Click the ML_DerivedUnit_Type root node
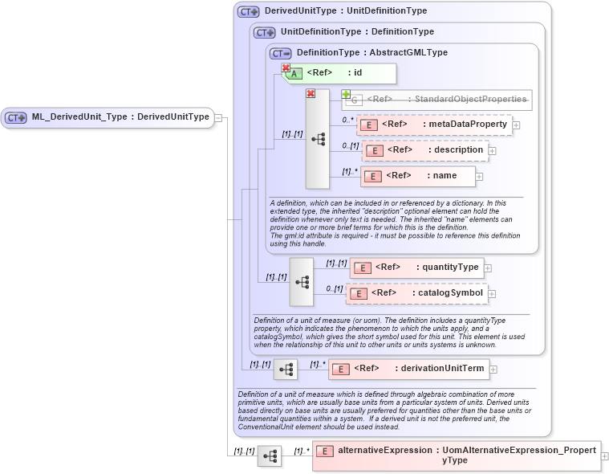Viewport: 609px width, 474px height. [108, 117]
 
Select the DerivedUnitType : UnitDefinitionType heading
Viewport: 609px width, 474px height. [345, 11]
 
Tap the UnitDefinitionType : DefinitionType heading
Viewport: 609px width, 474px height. [356, 32]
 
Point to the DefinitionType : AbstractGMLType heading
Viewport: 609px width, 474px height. [371, 53]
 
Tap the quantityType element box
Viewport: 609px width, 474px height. [417, 268]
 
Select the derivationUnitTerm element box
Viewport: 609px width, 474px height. [410, 369]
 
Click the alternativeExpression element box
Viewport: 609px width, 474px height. [456, 456]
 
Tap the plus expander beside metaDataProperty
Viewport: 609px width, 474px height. [517, 125]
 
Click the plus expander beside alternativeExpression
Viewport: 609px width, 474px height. [604, 456]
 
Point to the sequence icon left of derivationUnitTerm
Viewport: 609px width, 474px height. [286, 370]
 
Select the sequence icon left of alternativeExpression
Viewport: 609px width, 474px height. [270, 456]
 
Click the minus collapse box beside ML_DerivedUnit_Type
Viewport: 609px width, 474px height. [218, 118]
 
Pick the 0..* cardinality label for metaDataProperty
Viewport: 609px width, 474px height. [347, 120]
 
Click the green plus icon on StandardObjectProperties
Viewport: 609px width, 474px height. [347, 95]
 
